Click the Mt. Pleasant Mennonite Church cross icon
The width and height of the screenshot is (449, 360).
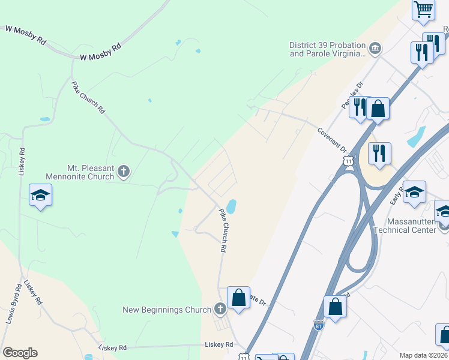click(124, 172)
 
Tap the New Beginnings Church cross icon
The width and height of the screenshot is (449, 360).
click(220, 309)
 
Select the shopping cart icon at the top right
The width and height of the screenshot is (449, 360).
click(424, 10)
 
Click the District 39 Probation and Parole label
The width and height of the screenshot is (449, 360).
click(327, 49)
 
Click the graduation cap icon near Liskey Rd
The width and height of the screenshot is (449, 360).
click(41, 195)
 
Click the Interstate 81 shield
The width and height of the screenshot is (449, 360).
click(319, 325)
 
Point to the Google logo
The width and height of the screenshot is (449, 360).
click(20, 353)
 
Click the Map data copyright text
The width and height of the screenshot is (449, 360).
click(424, 355)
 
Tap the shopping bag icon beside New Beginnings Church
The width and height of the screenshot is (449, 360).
click(238, 298)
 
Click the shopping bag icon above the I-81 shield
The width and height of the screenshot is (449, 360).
click(335, 307)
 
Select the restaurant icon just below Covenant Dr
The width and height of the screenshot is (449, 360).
click(379, 154)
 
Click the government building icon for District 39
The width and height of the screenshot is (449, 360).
click(375, 49)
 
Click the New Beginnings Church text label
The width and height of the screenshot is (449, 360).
click(167, 310)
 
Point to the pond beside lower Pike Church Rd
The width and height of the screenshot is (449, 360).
click(232, 207)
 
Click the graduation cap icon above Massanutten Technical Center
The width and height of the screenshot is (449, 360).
click(414, 193)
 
